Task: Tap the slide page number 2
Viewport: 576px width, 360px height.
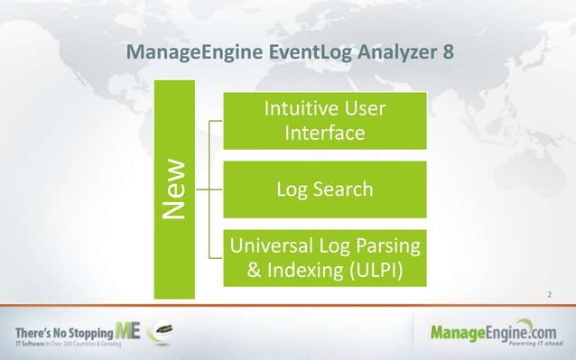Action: (x=551, y=294)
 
